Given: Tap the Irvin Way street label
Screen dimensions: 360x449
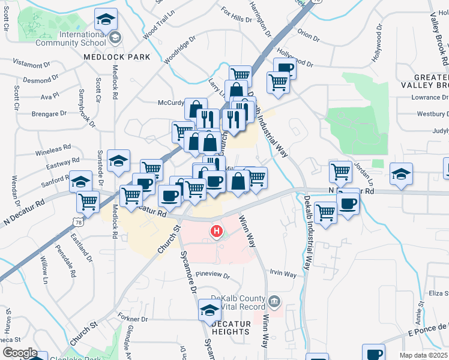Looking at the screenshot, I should tap(283, 274).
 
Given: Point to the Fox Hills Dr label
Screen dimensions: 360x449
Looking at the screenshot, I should tap(237, 16).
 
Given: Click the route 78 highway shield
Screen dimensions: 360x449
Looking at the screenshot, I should tap(77, 221).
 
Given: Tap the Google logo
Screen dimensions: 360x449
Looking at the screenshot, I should tap(19, 353).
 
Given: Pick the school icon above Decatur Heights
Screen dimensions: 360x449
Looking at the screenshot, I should tap(209, 310).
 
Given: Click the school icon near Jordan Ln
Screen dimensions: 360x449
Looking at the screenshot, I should tap(400, 173).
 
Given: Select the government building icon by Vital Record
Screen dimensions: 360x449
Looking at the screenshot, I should tap(275, 299).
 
